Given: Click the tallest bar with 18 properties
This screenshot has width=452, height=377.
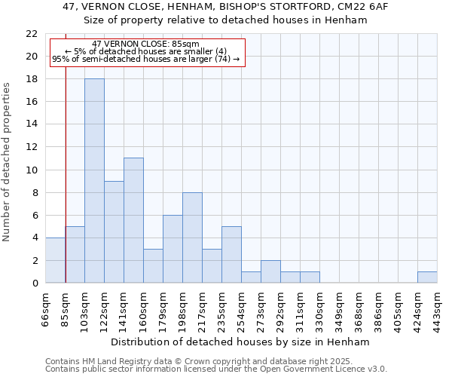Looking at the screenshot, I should (94, 181).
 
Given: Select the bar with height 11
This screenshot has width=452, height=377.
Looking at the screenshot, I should (133, 220).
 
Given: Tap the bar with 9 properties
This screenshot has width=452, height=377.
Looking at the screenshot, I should (114, 231).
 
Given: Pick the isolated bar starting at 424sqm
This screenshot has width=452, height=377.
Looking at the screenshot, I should (427, 277).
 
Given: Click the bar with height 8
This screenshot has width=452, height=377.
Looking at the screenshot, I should (192, 238).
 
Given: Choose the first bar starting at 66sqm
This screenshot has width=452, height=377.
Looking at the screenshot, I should (55, 260).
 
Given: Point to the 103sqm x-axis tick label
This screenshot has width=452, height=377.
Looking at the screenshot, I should (85, 308).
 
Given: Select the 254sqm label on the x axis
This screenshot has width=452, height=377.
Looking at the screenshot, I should (242, 308).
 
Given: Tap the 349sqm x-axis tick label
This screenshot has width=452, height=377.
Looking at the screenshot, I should (340, 308).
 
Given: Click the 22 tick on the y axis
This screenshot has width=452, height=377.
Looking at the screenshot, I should (32, 34).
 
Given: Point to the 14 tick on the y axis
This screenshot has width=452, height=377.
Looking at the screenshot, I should (32, 124).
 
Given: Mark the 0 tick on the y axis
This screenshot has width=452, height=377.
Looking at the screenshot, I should (35, 283).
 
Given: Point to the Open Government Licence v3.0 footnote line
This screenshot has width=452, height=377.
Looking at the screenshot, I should (216, 369).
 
